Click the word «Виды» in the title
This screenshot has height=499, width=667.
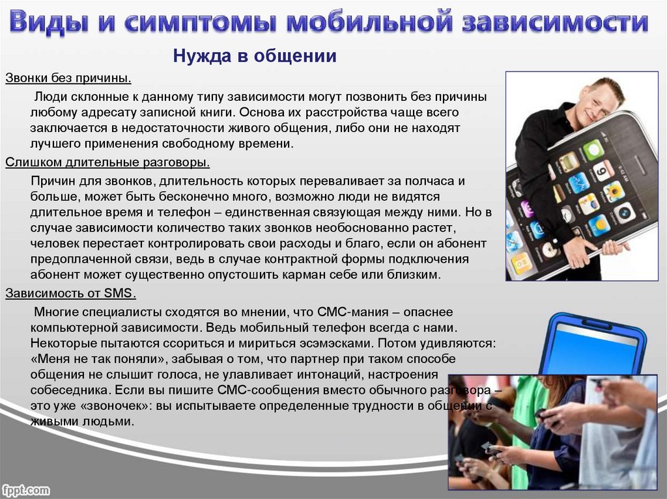click(49, 22)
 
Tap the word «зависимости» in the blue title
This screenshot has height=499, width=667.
click(556, 22)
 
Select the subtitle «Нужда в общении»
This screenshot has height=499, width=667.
click(255, 56)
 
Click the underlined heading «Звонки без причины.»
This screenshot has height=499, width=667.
click(68, 78)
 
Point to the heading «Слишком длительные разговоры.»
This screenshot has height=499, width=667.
click(107, 162)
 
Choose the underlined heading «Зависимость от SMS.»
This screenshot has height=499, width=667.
click(70, 293)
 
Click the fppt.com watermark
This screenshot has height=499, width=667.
click(25, 490)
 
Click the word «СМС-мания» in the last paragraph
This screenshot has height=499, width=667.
click(352, 312)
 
